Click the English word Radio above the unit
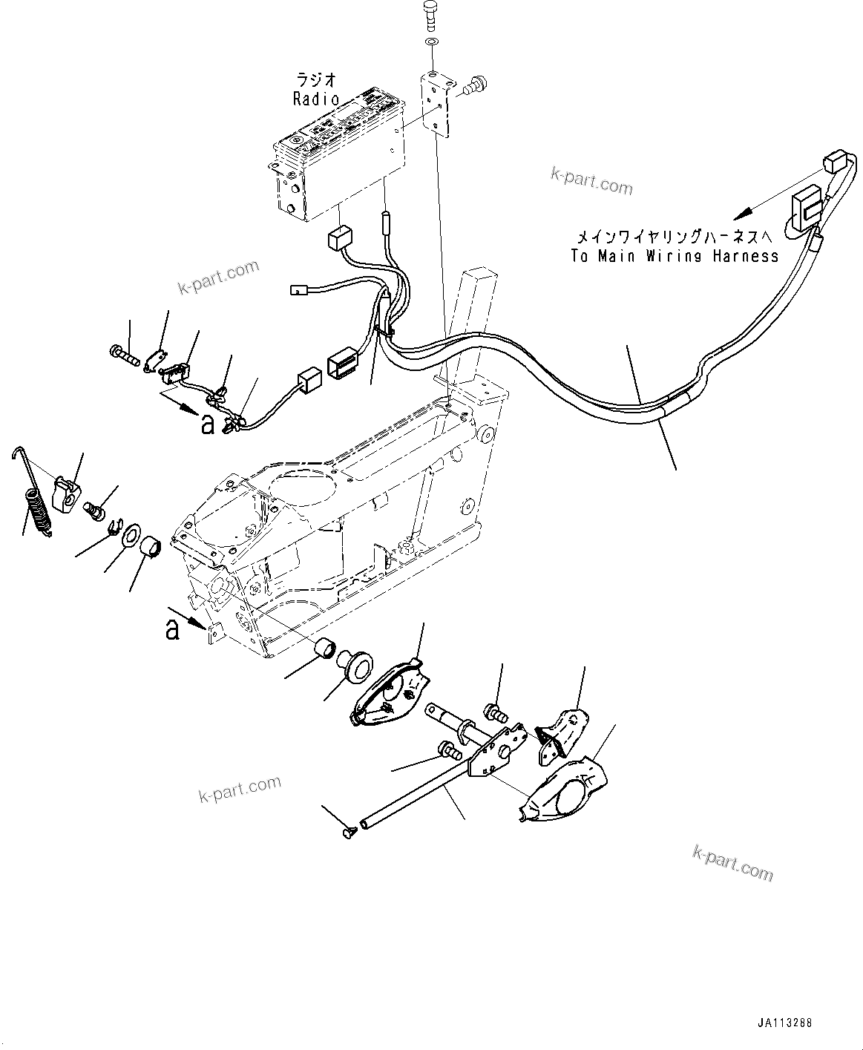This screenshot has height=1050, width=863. click(316, 99)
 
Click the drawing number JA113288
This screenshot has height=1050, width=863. click(784, 1023)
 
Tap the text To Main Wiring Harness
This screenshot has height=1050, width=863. click(675, 256)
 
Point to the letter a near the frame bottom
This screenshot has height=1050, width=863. click(172, 629)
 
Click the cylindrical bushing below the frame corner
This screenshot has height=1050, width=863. click(324, 647)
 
